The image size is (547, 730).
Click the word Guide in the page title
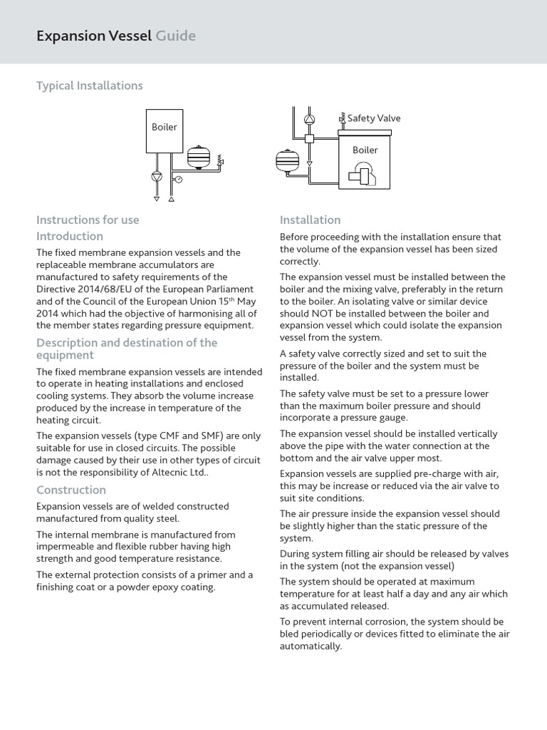point(176,36)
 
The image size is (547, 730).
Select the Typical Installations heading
point(90,86)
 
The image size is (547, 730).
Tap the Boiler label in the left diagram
point(165,127)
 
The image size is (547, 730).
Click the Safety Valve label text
point(374,118)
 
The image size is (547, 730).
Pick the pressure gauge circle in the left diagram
point(179,179)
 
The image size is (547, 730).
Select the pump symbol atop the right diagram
point(309,119)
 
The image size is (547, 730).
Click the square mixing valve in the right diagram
point(309,138)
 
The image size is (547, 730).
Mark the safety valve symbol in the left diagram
point(221,161)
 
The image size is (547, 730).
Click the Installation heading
point(311,220)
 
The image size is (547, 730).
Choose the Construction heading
point(71,490)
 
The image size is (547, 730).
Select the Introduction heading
point(70,236)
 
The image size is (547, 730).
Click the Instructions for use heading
point(88,220)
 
